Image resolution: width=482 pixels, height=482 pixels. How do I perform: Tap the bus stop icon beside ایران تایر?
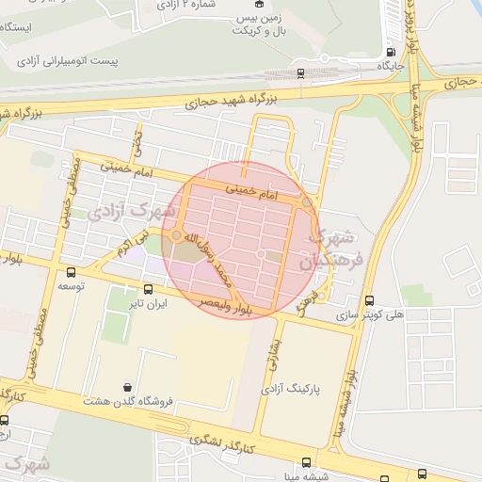coord(148,289)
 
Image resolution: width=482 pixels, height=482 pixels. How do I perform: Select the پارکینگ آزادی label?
coord(290,386)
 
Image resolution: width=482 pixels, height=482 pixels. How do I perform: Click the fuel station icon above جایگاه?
coord(391,52)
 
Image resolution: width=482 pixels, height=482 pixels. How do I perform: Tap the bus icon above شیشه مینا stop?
coord(306,462)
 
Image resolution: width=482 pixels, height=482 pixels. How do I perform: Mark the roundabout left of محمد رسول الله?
coord(176,235)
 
